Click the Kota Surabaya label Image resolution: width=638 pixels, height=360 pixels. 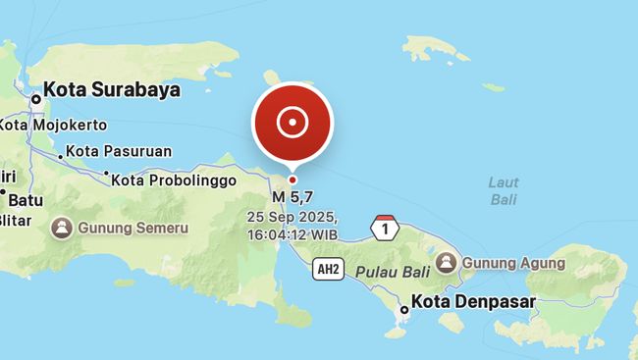[x=112, y=89]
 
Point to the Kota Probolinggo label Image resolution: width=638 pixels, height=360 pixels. [x=174, y=180]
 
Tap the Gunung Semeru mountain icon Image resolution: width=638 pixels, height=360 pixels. [x=61, y=228]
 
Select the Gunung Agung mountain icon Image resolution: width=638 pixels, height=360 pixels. [x=447, y=263]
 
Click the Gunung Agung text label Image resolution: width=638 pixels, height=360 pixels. [x=513, y=263]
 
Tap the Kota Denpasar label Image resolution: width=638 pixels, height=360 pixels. [x=473, y=302]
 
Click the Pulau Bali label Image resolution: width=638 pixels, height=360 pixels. [x=393, y=271]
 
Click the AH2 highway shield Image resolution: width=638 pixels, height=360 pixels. [x=328, y=270]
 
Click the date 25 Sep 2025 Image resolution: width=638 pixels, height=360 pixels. [x=292, y=217]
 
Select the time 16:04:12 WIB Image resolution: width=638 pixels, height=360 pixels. [x=292, y=234]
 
